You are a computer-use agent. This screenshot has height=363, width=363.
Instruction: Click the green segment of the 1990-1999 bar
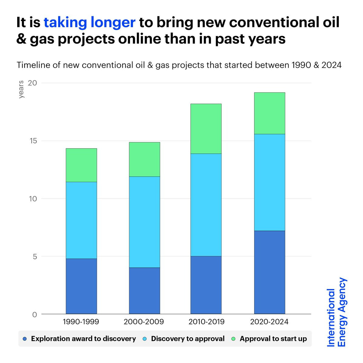click(x=81, y=165)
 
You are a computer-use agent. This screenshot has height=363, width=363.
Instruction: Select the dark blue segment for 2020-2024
click(x=269, y=272)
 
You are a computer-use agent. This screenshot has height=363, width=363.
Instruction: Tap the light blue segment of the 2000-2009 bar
click(x=144, y=222)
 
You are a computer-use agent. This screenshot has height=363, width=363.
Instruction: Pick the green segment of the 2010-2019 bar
click(x=206, y=129)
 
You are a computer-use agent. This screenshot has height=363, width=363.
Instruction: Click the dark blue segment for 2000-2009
click(x=144, y=291)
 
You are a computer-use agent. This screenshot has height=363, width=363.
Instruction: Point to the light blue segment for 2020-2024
click(x=269, y=182)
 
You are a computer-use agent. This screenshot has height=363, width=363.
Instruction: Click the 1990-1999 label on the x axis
click(x=81, y=322)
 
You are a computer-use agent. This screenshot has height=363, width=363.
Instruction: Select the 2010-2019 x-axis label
click(x=206, y=322)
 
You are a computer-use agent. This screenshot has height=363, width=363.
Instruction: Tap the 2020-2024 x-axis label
click(x=269, y=322)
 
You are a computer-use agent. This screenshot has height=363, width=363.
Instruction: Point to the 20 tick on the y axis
click(x=32, y=83)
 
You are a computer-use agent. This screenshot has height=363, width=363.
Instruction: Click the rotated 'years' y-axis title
click(x=21, y=90)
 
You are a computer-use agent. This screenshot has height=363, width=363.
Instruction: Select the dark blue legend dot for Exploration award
click(x=25, y=339)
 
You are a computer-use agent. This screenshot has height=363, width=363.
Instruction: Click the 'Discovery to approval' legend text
click(x=188, y=339)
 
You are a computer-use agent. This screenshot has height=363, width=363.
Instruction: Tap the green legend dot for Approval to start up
click(x=233, y=339)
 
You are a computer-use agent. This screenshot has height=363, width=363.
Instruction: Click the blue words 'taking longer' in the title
click(x=90, y=23)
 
